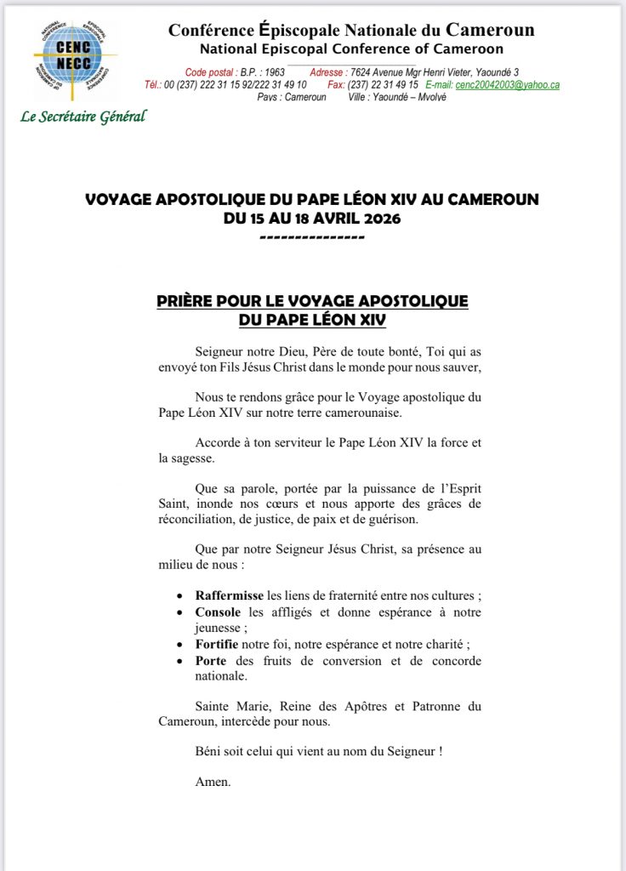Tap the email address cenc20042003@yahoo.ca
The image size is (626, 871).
508,85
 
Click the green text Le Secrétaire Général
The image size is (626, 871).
83,117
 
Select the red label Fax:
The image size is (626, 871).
339,85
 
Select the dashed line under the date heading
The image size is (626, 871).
311,236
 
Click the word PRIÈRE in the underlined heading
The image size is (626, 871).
191,302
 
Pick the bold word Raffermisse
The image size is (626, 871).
230,595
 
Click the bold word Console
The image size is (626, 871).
219,612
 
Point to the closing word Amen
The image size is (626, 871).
213,782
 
